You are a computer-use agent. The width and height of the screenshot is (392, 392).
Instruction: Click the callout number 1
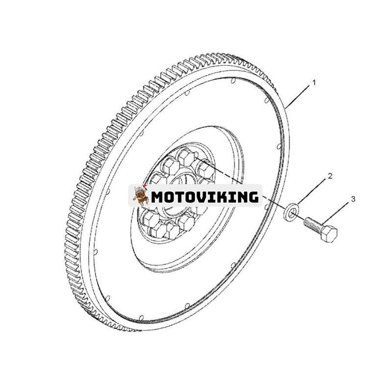[314, 83]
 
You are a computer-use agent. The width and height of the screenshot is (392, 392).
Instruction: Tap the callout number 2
[330, 176]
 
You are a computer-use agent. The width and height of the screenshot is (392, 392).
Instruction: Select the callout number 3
[353, 199]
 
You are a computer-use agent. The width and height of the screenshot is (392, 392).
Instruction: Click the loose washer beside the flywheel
[292, 212]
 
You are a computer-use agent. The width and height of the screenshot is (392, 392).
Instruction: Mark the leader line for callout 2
[312, 192]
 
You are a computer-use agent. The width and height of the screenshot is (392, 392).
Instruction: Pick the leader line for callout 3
[336, 213]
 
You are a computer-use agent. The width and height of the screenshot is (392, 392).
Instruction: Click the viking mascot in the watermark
[140, 195]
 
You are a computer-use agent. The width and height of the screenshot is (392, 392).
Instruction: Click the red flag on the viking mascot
[145, 185]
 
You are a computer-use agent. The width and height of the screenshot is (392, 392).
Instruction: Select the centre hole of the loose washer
[292, 213]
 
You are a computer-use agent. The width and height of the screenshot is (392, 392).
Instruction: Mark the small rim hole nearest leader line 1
[267, 100]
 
